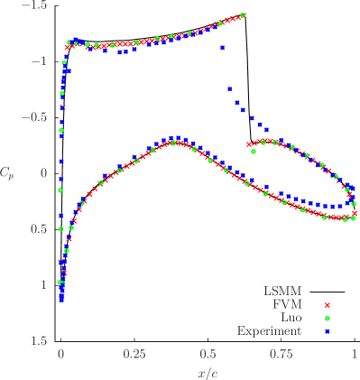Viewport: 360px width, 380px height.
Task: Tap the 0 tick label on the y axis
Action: pyautogui.click(x=41, y=173)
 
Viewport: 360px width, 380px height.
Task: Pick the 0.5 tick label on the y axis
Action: pyautogui.click(x=36, y=229)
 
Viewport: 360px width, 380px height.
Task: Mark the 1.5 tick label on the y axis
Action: pyautogui.click(x=36, y=340)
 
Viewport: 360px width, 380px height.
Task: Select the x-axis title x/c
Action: pyautogui.click(x=208, y=372)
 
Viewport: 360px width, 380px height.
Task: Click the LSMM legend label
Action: pyautogui.click(x=282, y=292)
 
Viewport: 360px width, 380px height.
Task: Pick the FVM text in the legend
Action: pyautogui.click(x=287, y=305)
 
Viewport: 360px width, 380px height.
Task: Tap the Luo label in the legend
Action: pyautogui.click(x=291, y=318)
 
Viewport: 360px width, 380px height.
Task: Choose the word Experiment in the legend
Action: pyautogui.click(x=269, y=331)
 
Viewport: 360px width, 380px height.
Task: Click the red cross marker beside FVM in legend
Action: pyautogui.click(x=328, y=305)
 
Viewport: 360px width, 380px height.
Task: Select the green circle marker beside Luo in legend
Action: pyautogui.click(x=328, y=318)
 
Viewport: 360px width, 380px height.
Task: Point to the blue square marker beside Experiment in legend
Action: pyautogui.click(x=328, y=331)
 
